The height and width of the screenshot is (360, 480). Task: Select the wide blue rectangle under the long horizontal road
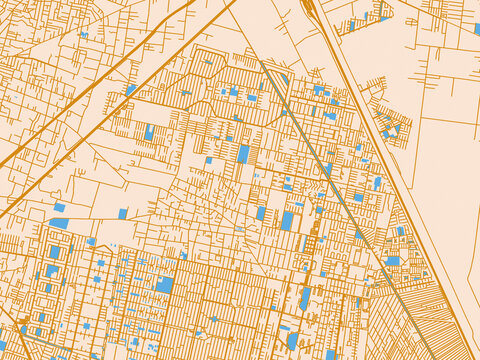[59, 223]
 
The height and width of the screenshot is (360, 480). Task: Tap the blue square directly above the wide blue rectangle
[59, 207]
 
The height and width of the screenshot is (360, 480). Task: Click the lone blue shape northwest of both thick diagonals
[84, 35]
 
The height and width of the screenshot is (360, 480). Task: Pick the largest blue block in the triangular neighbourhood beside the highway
[393, 261]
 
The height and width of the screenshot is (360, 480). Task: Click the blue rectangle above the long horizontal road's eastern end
[287, 220]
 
